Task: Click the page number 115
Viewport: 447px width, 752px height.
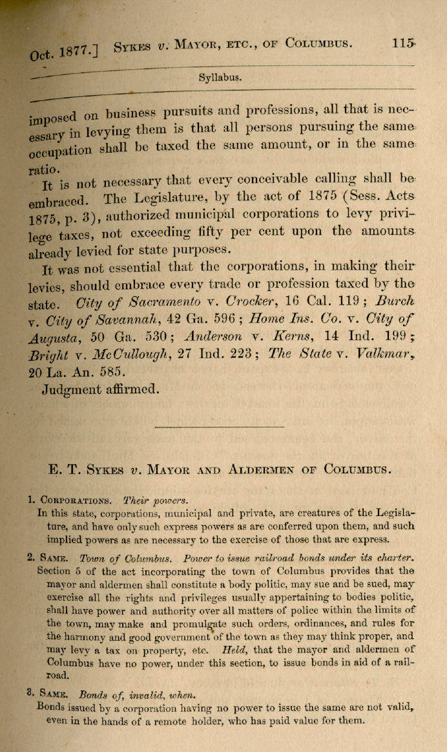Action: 402,43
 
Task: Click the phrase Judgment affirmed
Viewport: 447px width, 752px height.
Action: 100,389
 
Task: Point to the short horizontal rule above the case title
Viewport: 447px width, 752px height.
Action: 220,427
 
